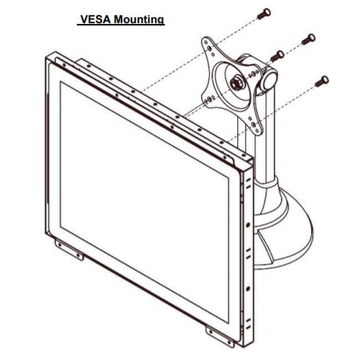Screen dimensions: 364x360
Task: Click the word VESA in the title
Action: coord(95,19)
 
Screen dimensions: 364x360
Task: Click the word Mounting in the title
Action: coord(139,19)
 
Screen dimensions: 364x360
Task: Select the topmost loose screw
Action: coord(264,14)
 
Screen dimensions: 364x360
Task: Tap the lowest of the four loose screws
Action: coord(321,81)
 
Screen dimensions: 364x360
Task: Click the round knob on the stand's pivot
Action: coord(269,80)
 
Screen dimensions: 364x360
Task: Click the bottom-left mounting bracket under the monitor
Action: coord(69,250)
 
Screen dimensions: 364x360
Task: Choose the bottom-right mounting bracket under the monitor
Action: coord(220,337)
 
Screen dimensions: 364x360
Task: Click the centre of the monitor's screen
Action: coord(144,202)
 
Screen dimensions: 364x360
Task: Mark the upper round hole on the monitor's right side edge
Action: coord(248,225)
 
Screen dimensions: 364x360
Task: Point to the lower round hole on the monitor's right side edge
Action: coord(248,289)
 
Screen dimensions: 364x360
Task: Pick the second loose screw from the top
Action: coord(308,39)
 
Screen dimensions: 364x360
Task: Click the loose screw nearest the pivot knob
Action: coord(277,56)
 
